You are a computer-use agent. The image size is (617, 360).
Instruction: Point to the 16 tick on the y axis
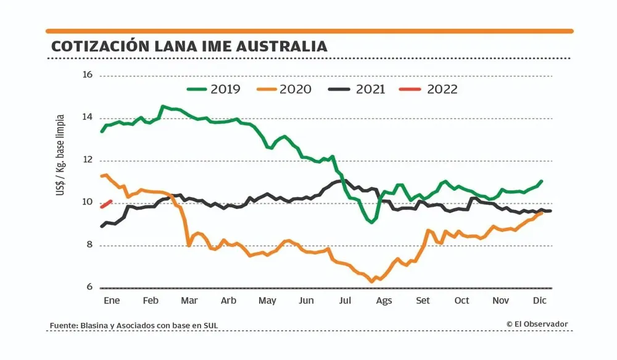click(87, 75)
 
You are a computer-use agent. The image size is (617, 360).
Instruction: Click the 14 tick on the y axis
click(87, 118)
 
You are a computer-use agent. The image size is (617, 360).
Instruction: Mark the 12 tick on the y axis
click(87, 161)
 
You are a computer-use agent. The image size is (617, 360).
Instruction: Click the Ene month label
click(111, 301)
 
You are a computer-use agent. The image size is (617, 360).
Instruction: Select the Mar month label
click(189, 301)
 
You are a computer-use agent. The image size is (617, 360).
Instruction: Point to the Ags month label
click(384, 301)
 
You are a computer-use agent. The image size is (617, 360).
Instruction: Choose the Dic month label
click(540, 301)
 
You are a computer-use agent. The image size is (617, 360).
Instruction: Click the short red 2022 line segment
click(106, 204)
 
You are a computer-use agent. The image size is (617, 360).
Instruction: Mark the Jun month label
click(306, 301)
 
